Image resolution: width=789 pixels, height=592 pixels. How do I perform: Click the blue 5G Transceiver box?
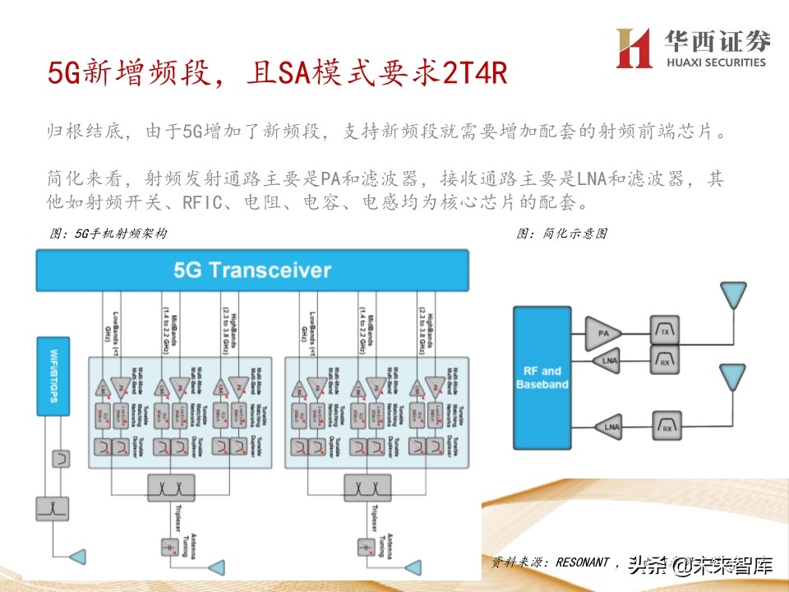(x=251, y=271)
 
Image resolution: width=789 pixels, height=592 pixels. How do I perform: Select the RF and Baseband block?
(x=541, y=378)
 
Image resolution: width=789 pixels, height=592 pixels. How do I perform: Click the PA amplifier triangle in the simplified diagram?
(x=604, y=332)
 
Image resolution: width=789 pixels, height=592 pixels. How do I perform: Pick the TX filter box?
(x=664, y=331)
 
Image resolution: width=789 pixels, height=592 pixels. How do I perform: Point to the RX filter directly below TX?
(x=664, y=358)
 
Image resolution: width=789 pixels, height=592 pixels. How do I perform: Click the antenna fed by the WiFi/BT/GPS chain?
(x=78, y=557)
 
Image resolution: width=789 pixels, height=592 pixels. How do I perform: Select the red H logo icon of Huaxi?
(x=634, y=49)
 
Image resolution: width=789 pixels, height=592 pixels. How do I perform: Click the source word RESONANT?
(x=583, y=563)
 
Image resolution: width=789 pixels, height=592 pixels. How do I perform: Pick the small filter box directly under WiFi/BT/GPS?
(x=60, y=456)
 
